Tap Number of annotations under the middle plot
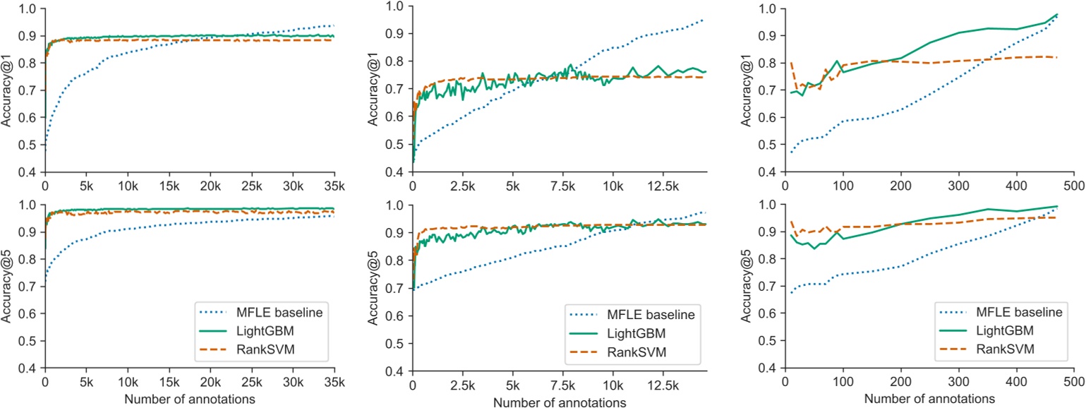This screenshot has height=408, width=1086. [x=560, y=403]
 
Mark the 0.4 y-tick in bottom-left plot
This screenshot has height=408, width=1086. [x=29, y=368]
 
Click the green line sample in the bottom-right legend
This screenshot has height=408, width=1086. [x=949, y=330]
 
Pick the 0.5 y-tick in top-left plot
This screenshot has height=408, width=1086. [x=29, y=145]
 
